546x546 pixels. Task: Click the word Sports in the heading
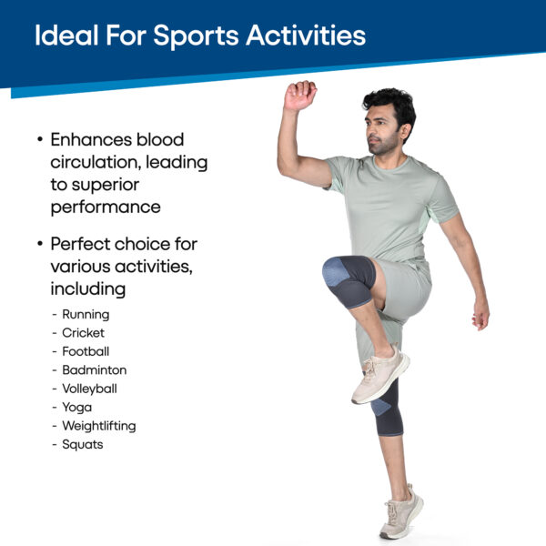pyautogui.click(x=196, y=35)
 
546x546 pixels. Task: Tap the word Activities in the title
pyautogui.click(x=306, y=35)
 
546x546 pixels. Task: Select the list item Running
pyautogui.click(x=86, y=315)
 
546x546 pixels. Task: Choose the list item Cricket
pyautogui.click(x=83, y=333)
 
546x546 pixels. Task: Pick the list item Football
pyautogui.click(x=86, y=351)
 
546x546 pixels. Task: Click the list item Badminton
pyautogui.click(x=95, y=369)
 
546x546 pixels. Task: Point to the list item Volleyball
pyautogui.click(x=89, y=389)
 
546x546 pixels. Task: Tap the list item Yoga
pyautogui.click(x=77, y=408)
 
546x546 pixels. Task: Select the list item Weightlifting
pyautogui.click(x=99, y=426)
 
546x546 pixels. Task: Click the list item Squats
pyautogui.click(x=83, y=445)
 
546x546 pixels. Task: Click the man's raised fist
pyautogui.click(x=299, y=95)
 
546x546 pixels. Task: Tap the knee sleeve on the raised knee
pyautogui.click(x=349, y=281)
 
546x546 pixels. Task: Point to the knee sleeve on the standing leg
pyautogui.click(x=387, y=408)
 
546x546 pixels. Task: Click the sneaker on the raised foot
pyautogui.click(x=380, y=375)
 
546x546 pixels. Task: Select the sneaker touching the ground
pyautogui.click(x=401, y=512)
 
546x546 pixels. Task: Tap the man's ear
pyautogui.click(x=404, y=132)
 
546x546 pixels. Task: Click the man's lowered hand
pyautogui.click(x=480, y=315)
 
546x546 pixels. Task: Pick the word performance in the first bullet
pyautogui.click(x=106, y=207)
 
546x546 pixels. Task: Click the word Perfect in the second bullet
pyautogui.click(x=80, y=244)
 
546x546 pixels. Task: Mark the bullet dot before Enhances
pyautogui.click(x=40, y=140)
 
